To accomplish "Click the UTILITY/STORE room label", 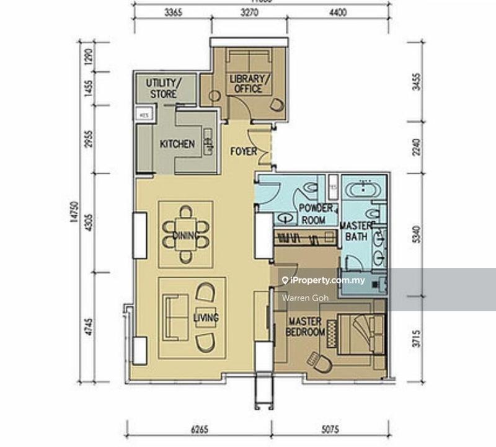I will [162, 89].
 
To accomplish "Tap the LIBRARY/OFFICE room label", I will [249, 84].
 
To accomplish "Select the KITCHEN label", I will [177, 144].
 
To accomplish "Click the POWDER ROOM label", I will [316, 213].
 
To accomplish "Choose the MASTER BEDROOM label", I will [304, 327].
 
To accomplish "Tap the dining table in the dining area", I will [185, 235].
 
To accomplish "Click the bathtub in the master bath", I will [365, 189].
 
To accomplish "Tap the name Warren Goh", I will [300, 298].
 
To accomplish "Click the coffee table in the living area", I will [206, 316].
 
